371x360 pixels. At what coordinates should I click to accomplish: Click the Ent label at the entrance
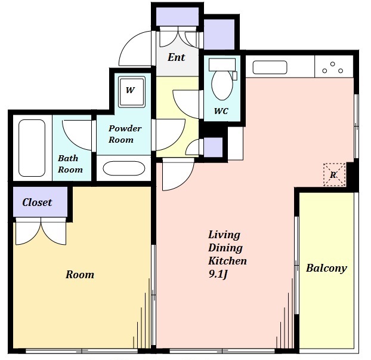coord(177,57)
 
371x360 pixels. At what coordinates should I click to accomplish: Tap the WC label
coord(221,111)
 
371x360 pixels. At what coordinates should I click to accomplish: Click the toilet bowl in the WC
coord(222,85)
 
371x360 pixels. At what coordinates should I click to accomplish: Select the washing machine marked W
coord(132,92)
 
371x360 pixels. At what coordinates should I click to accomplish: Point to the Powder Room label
coord(125,134)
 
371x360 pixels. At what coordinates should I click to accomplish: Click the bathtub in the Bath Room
coord(32,148)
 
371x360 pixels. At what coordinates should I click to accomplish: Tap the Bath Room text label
coord(70,164)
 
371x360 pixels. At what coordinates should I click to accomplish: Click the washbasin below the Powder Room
coord(123,168)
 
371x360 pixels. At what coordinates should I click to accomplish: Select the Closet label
coord(37,202)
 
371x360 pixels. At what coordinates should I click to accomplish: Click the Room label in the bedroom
coord(80,275)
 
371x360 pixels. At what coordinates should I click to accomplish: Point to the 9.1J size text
coord(218,274)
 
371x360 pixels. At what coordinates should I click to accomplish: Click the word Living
coord(224,235)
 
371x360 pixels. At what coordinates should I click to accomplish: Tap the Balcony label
coord(326,268)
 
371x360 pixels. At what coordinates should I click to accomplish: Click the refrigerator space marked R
coord(335,174)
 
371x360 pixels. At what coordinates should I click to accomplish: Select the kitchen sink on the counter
coord(270,67)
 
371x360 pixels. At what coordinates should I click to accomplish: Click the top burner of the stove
coord(333,64)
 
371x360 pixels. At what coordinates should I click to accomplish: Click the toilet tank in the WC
coord(222,64)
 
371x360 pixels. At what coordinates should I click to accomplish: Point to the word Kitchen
coord(227,261)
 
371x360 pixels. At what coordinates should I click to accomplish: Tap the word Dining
coord(225,248)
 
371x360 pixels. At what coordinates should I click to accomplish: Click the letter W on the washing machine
coord(131,90)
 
